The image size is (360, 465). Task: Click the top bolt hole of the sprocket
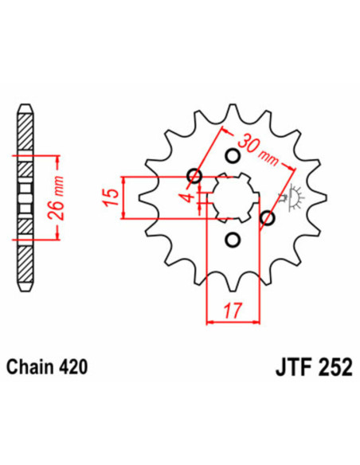233,154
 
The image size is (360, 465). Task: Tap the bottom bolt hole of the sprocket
233,238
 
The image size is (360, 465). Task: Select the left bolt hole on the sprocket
194,176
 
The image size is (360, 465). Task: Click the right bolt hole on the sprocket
268,217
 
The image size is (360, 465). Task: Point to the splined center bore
231,197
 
